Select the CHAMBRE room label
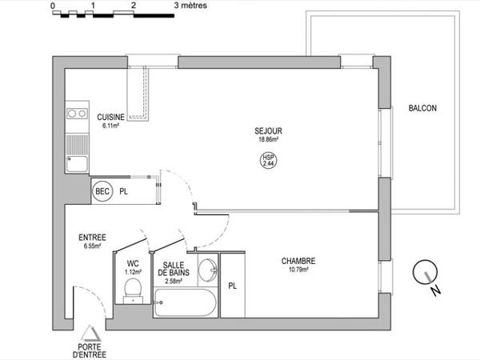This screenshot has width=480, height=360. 298,261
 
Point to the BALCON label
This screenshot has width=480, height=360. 422,109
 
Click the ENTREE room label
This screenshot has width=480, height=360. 93,238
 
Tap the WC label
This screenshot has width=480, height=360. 133,263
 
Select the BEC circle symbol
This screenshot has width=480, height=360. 102,192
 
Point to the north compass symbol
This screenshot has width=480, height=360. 425,275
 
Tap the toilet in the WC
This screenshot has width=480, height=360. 133,290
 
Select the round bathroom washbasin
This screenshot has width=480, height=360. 207,270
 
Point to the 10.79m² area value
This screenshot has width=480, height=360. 298,270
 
